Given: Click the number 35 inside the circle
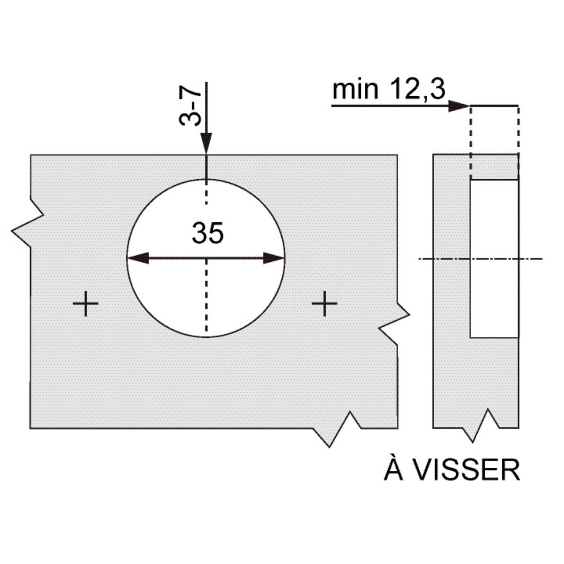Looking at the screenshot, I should [208, 233].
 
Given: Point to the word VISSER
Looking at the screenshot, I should [467, 470].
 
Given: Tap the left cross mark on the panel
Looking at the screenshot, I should [85, 303].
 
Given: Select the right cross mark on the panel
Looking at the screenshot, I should [324, 303].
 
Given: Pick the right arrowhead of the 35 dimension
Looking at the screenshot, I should [273, 258].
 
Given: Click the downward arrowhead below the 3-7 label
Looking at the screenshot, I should [206, 143].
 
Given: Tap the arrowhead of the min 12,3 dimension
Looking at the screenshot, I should [459, 106].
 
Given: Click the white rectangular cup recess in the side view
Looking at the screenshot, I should [494, 259].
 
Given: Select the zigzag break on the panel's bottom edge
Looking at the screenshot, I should [337, 431].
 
